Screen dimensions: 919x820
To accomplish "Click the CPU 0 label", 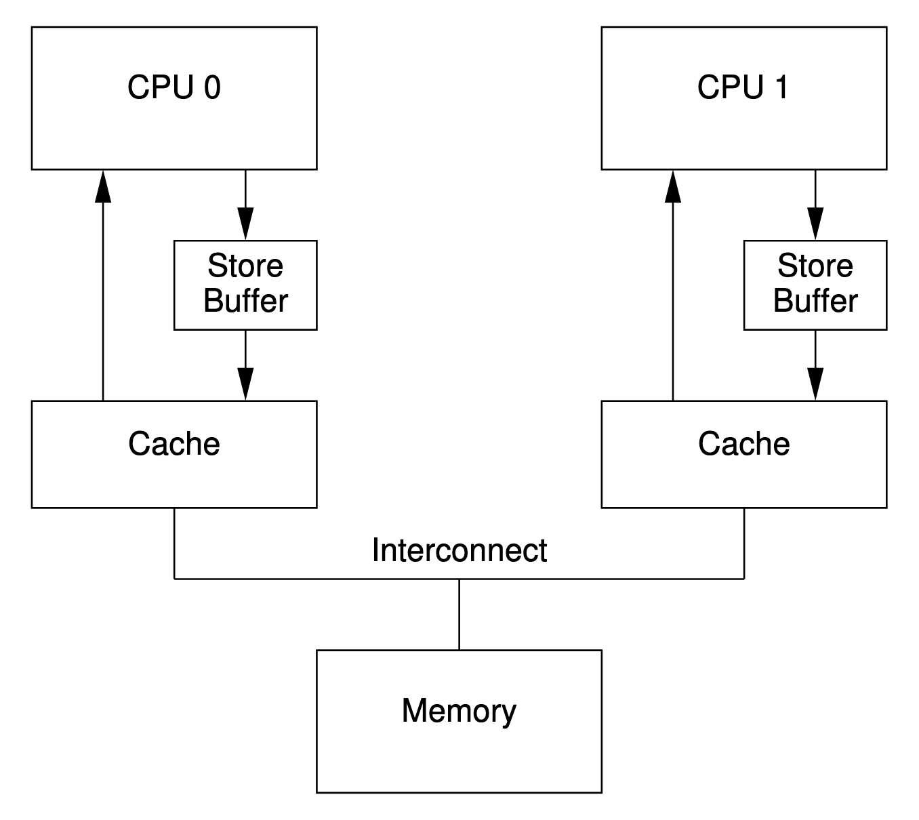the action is click(173, 87).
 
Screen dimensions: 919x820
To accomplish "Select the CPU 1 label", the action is click(743, 87).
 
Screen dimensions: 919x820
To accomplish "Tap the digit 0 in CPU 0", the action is click(212, 87).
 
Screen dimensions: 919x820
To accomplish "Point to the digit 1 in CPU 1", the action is click(782, 87).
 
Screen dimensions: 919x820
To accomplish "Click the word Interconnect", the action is click(459, 550).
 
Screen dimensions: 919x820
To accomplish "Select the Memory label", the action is click(459, 710).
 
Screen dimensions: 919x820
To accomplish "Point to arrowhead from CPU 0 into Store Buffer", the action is click(245, 224).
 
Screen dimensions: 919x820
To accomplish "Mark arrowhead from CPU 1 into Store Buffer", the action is click(815, 224).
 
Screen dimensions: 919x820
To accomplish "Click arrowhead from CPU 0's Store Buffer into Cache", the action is click(245, 384).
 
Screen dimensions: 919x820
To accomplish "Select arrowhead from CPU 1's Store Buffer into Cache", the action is click(815, 384).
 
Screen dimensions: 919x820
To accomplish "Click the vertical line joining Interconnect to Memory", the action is click(459, 615).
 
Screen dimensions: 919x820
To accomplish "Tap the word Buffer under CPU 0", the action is click(245, 300).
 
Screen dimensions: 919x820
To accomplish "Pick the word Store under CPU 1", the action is click(815, 266).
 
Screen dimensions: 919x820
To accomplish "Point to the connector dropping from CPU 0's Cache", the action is click(174, 544).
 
